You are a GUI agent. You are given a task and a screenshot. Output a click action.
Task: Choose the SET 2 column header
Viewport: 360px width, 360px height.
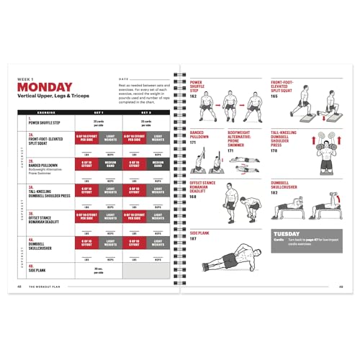pyautogui.click(x=146, y=112)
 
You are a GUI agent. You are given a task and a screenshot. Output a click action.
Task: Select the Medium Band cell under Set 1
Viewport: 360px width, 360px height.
pyautogui.click(x=110, y=163)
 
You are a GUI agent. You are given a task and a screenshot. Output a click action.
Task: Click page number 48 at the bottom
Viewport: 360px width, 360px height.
pyautogui.click(x=19, y=287)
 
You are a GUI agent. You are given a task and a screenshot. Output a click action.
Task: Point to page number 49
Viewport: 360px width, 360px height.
pyautogui.click(x=341, y=287)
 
